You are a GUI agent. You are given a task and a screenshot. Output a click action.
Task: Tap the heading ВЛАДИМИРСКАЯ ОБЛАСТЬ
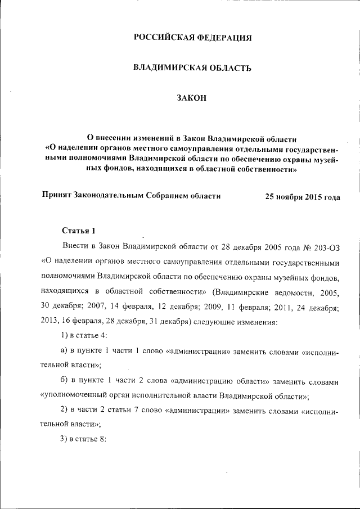[192, 68]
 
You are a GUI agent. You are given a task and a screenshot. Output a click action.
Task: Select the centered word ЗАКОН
[192, 98]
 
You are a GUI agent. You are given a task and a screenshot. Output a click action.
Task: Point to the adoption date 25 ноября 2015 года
[302, 197]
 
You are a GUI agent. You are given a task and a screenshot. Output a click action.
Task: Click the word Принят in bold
[56, 196]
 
